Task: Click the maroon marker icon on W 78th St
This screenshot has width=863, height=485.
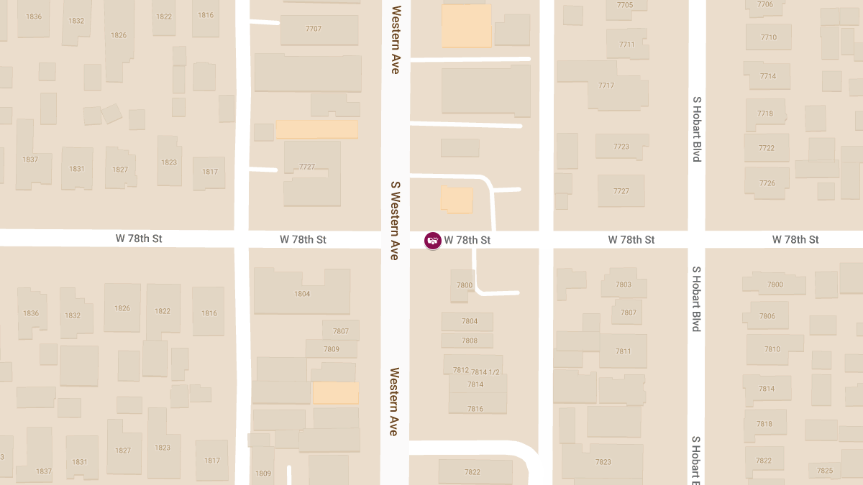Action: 433,240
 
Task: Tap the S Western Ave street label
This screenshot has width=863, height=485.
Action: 395,220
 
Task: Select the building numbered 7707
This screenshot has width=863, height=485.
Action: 314,29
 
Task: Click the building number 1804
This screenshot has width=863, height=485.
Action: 302,294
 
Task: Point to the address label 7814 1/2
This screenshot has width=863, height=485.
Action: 485,371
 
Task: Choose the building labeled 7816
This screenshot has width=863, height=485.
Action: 475,409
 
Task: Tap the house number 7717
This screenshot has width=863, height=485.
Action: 606,86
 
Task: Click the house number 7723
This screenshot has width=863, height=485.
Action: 621,147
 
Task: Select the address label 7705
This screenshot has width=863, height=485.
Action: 625,5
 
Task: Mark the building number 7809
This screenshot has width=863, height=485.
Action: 332,349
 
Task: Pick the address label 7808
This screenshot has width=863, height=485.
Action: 470,341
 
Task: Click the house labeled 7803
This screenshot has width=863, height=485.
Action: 624,285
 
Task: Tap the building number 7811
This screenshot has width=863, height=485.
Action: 623,351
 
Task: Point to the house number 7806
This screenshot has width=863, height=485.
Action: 767,316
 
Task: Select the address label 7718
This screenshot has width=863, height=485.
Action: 765,114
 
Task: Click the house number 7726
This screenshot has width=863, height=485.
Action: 767,183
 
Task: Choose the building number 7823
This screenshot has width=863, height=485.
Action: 603,462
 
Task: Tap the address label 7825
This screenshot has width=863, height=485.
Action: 825,471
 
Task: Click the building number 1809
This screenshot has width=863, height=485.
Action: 263,474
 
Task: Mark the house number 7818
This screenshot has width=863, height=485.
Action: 764,424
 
